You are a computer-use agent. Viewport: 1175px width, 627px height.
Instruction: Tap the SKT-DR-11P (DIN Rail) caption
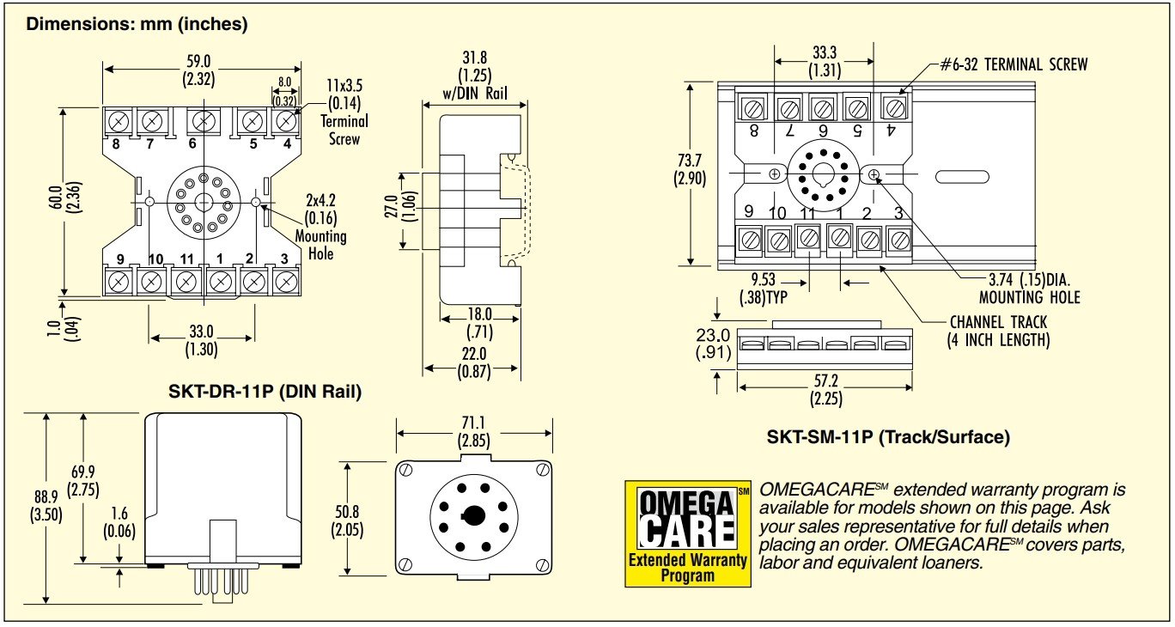(x=265, y=392)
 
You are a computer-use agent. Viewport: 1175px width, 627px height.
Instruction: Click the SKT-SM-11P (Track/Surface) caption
(x=888, y=437)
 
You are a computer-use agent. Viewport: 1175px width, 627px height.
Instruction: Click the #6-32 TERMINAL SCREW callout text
(x=1013, y=64)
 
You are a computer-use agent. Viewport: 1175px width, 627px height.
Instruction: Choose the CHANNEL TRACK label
(x=999, y=331)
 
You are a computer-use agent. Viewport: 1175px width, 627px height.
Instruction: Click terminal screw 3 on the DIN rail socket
(x=283, y=280)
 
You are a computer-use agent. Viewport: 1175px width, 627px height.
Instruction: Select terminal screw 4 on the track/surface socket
(x=894, y=108)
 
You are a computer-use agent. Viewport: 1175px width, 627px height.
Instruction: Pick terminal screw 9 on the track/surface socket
(x=751, y=239)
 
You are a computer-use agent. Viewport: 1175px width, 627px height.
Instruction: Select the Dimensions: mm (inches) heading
(x=137, y=24)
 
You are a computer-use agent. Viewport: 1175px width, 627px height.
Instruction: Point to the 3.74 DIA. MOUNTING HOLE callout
(x=1029, y=289)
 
